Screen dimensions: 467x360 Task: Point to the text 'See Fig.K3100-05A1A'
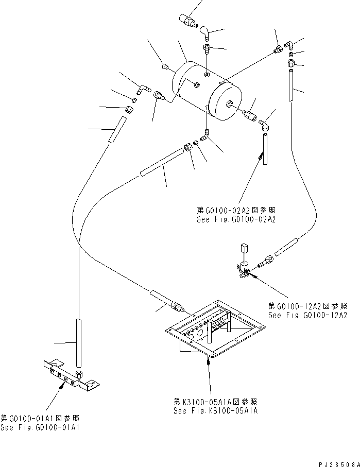pos(216,411)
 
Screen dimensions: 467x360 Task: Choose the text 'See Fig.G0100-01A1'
pos(40,428)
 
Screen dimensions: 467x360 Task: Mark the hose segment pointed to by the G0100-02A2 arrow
pos(265,149)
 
